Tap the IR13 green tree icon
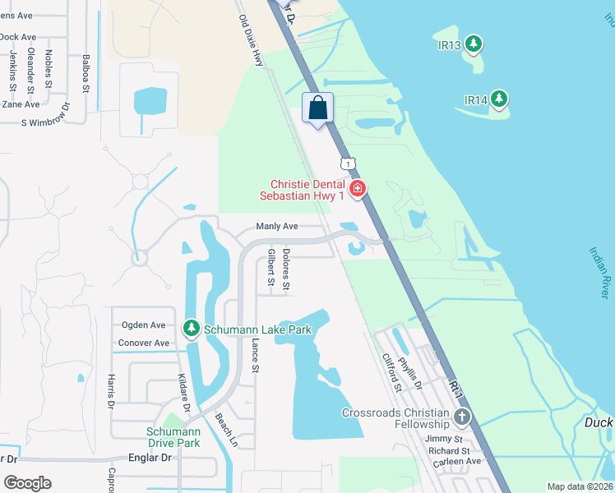click(x=473, y=44)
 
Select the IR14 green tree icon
click(x=498, y=100)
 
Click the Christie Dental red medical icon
click(x=357, y=190)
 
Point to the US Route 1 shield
click(x=350, y=164)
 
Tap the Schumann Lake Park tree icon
click(x=191, y=329)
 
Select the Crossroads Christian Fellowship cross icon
click(x=461, y=417)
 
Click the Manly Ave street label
click(x=276, y=226)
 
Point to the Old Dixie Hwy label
click(x=252, y=42)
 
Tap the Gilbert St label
click(x=271, y=267)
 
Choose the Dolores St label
click(x=286, y=270)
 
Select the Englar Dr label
click(x=149, y=458)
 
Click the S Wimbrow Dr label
click(x=51, y=123)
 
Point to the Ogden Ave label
click(x=144, y=325)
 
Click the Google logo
click(x=28, y=483)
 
